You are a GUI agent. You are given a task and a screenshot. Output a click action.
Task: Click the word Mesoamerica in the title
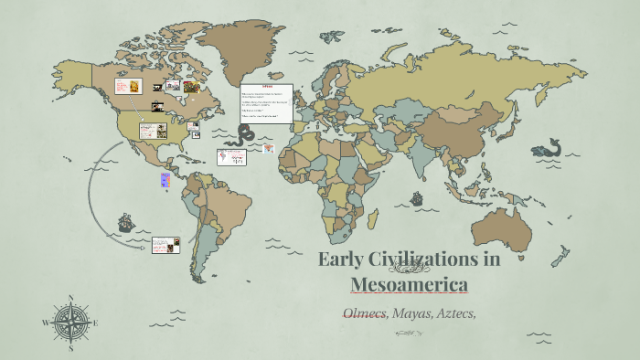tap(410, 283)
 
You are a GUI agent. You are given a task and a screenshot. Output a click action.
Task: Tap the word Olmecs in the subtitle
tap(364, 313)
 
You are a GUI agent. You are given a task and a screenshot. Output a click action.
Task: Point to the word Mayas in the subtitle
tap(411, 313)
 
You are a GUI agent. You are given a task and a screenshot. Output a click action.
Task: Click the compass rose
tap(70, 323)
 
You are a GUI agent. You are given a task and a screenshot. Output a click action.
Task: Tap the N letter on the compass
tap(70, 298)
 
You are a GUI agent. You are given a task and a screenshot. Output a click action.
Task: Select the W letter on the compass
tap(46, 323)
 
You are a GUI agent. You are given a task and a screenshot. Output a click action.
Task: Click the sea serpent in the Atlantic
tap(244, 134)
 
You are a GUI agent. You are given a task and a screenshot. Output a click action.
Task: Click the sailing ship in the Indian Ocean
tap(416, 198)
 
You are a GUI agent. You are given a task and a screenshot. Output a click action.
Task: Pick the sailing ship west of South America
tap(124, 222)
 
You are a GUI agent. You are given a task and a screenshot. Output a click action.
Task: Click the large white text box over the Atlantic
tap(267, 104)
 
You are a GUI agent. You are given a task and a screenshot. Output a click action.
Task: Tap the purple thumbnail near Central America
tap(165, 179)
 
